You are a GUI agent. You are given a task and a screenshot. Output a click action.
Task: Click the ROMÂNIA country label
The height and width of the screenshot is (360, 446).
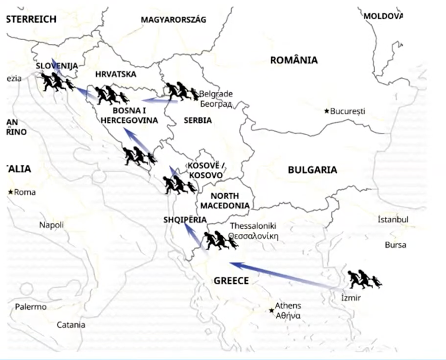294,60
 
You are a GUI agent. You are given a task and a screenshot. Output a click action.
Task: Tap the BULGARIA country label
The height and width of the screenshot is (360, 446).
312,170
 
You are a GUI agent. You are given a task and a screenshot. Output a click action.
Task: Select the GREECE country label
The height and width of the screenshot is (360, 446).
231,281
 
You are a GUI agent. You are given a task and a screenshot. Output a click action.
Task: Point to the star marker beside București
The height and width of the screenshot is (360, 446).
326,111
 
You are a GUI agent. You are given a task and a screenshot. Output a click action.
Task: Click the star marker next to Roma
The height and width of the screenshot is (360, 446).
11,192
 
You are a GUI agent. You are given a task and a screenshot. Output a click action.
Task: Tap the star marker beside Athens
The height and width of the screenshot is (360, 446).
271,310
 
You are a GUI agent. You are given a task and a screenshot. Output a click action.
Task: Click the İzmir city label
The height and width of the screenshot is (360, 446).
351,298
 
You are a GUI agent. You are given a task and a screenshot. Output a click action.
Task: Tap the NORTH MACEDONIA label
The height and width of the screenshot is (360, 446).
225,201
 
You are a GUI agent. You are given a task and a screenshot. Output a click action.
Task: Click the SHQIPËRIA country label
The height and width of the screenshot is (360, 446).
185,220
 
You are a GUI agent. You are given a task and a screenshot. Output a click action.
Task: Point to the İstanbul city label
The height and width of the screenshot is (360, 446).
393,219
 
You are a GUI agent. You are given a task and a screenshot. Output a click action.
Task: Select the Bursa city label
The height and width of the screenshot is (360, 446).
395,245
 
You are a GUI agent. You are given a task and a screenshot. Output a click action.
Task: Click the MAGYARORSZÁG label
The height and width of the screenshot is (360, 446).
174,20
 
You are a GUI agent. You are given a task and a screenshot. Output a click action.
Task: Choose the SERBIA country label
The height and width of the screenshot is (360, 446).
197,120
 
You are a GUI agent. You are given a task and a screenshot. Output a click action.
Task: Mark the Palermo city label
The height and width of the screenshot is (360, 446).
31,307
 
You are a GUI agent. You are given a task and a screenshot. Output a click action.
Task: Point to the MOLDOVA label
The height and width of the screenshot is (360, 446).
383,16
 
